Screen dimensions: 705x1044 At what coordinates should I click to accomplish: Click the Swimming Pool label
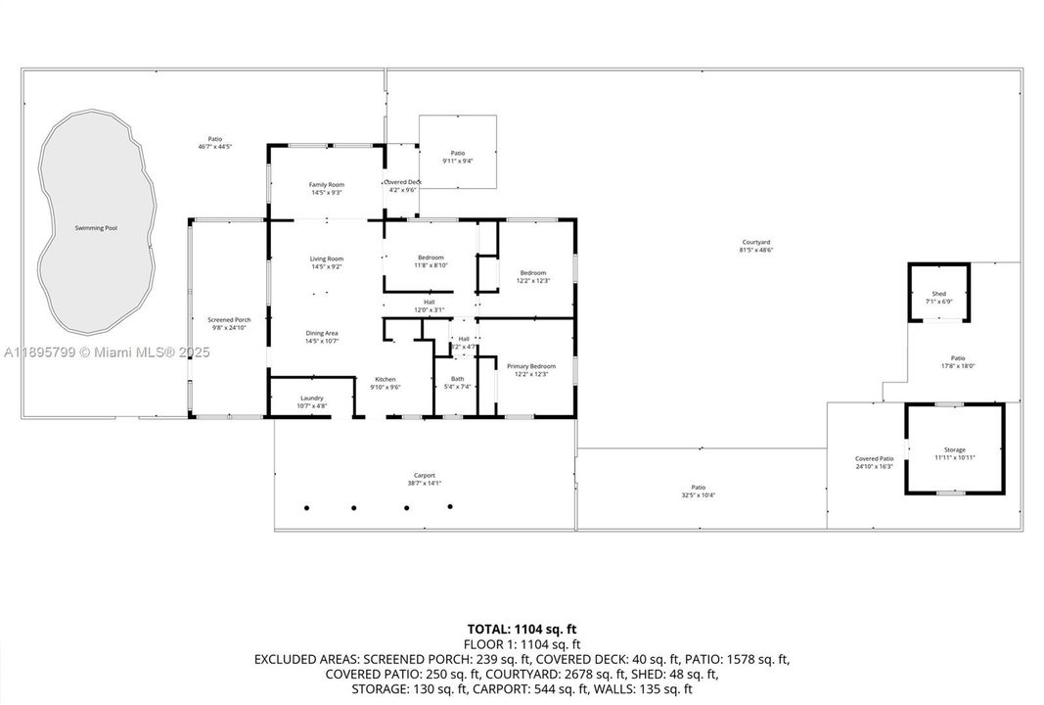[96, 228]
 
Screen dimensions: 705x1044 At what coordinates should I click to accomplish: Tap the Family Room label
[327, 185]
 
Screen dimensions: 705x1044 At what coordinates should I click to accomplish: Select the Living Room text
[327, 258]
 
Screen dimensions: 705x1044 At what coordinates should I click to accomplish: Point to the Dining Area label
[324, 333]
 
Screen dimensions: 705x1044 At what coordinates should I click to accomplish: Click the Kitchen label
[386, 379]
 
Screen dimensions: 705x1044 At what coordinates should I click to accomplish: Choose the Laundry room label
[312, 399]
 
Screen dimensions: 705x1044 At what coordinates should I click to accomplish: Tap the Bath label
[457, 379]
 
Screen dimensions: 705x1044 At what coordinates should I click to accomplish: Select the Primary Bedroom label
[530, 366]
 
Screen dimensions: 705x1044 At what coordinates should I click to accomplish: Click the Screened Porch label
[229, 320]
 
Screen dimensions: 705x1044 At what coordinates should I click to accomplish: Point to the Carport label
[425, 475]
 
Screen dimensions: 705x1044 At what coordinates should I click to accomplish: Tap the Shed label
[938, 294]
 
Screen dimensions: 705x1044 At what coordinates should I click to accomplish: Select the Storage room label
[954, 449]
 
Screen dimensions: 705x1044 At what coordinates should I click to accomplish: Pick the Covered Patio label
[874, 458]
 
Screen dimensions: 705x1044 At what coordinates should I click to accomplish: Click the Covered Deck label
[402, 182]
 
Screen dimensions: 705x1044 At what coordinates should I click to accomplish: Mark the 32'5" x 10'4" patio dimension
[699, 494]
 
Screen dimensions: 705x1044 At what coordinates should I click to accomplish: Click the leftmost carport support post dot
[307, 507]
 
